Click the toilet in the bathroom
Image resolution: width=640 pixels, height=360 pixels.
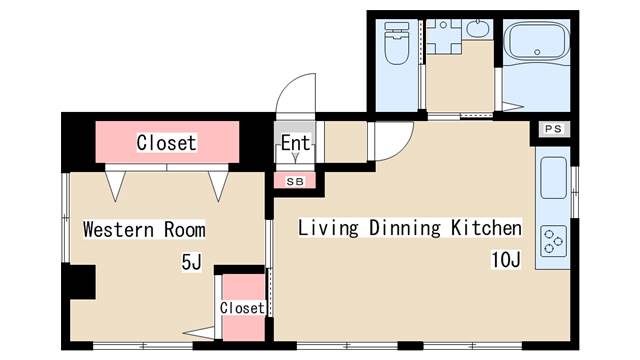[x=397, y=43]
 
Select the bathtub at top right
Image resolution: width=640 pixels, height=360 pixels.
[x=537, y=41]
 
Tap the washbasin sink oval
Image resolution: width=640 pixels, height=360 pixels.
[x=478, y=29]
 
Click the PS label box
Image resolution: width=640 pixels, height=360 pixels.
[x=553, y=129]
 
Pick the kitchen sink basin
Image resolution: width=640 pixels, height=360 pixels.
[x=553, y=178]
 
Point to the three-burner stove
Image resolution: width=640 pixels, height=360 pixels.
[x=553, y=241]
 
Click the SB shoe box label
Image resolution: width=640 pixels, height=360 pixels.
[x=295, y=181]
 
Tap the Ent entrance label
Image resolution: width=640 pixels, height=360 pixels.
[x=295, y=143]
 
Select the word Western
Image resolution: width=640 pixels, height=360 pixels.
[x=118, y=229]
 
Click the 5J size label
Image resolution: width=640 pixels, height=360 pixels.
[x=191, y=262]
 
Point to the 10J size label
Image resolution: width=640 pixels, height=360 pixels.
[x=506, y=260]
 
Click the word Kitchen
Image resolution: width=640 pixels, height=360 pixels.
[x=486, y=227]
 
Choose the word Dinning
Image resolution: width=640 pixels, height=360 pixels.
[x=405, y=228]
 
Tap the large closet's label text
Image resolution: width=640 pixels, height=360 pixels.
[x=167, y=142]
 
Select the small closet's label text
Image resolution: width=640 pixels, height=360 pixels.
[x=242, y=308]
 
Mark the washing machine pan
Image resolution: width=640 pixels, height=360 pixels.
[x=444, y=37]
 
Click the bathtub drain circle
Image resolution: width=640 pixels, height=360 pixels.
[x=537, y=52]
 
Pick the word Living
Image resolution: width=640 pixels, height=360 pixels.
[x=328, y=228]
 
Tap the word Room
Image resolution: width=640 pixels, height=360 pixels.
[x=184, y=229]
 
